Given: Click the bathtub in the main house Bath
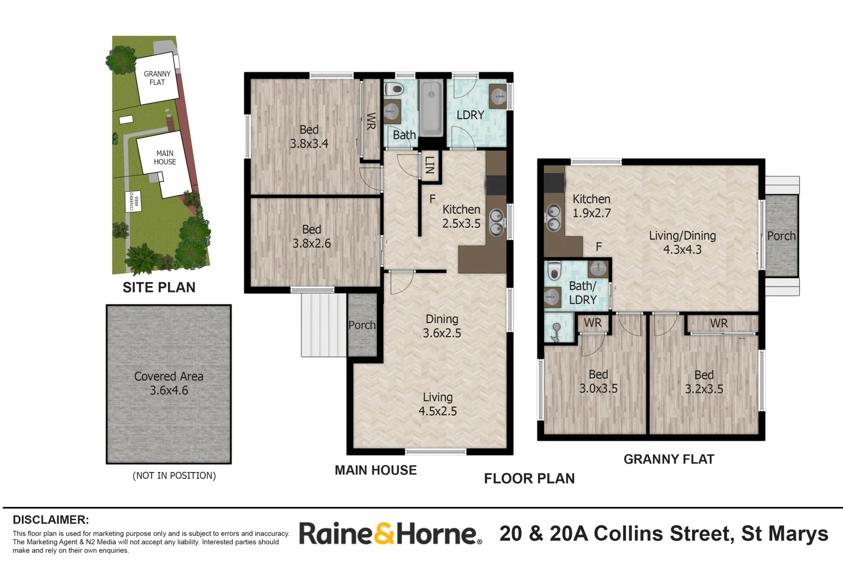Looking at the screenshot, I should coord(430,108).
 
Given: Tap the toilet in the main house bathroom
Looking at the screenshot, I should coord(394,88).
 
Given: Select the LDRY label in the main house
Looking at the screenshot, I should coord(470,115).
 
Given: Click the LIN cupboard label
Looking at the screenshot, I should coord(430,165).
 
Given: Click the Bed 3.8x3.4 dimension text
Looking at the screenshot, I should coord(309,144).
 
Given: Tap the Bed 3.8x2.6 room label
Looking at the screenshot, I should coord(311,236).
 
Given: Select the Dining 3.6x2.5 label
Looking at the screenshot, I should coord(442,326).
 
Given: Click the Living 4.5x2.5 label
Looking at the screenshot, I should coord(438,404).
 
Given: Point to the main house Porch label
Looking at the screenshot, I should coord(362,325).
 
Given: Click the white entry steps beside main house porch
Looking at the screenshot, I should coord(323,325).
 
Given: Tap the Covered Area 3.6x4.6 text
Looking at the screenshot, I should coord(169,384).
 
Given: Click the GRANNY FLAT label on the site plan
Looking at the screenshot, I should coord(157,78).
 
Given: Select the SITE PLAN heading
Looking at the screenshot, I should coord(159,287).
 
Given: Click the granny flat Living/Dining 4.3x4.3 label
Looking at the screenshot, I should coord(682,242).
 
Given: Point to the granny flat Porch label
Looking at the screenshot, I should coord(781,236).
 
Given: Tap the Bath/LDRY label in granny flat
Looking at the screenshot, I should coord(583,293).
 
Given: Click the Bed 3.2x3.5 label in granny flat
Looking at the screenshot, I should coord(704,382).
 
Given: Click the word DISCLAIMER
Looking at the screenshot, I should coord(50,520).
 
